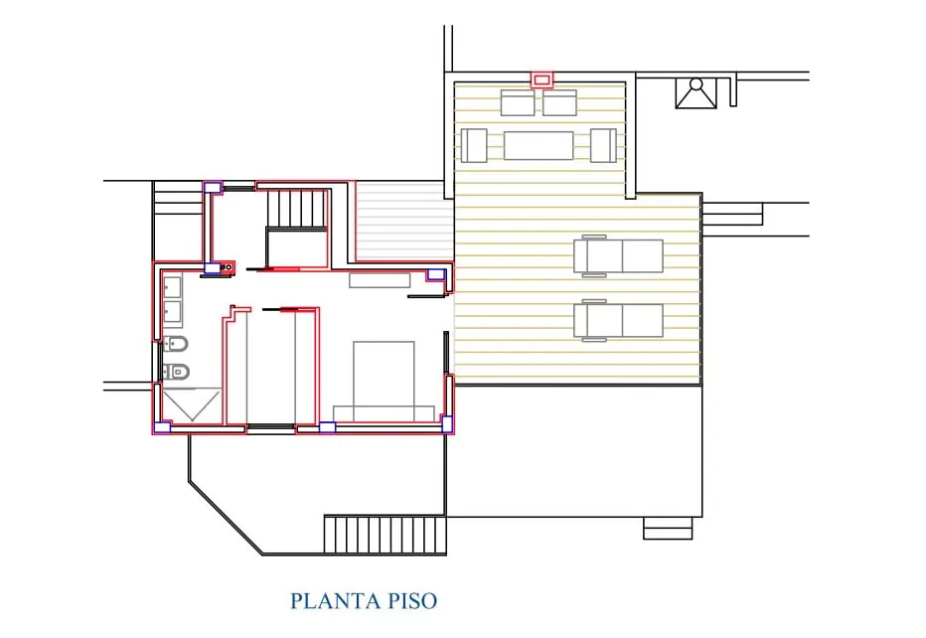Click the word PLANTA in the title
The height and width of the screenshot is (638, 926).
coord(336,601)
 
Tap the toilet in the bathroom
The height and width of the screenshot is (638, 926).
coord(176,372)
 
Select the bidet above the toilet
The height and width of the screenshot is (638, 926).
coord(176,343)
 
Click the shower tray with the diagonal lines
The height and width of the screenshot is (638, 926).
coord(192,405)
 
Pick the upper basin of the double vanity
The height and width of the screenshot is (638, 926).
coord(173,287)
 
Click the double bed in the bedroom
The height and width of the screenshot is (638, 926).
coord(384,381)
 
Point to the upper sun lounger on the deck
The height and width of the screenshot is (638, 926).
coord(618,255)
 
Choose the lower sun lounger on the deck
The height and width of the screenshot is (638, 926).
coord(618,320)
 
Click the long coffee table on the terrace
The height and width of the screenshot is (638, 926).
coord(539,145)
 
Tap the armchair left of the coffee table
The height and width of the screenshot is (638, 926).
coord(474,145)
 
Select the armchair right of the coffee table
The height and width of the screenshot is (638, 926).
coord(603,145)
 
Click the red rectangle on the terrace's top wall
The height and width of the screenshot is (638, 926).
coord(541,80)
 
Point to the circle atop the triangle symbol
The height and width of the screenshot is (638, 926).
coord(696,83)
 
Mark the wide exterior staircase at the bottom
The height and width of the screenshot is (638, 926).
coord(386,535)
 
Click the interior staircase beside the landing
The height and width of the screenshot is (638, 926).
coord(297,208)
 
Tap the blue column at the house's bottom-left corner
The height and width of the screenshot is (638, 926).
coord(162,427)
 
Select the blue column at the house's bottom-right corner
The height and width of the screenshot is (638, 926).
coord(447,424)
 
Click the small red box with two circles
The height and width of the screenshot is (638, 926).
coord(227,267)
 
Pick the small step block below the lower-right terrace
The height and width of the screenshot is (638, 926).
coord(668,528)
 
